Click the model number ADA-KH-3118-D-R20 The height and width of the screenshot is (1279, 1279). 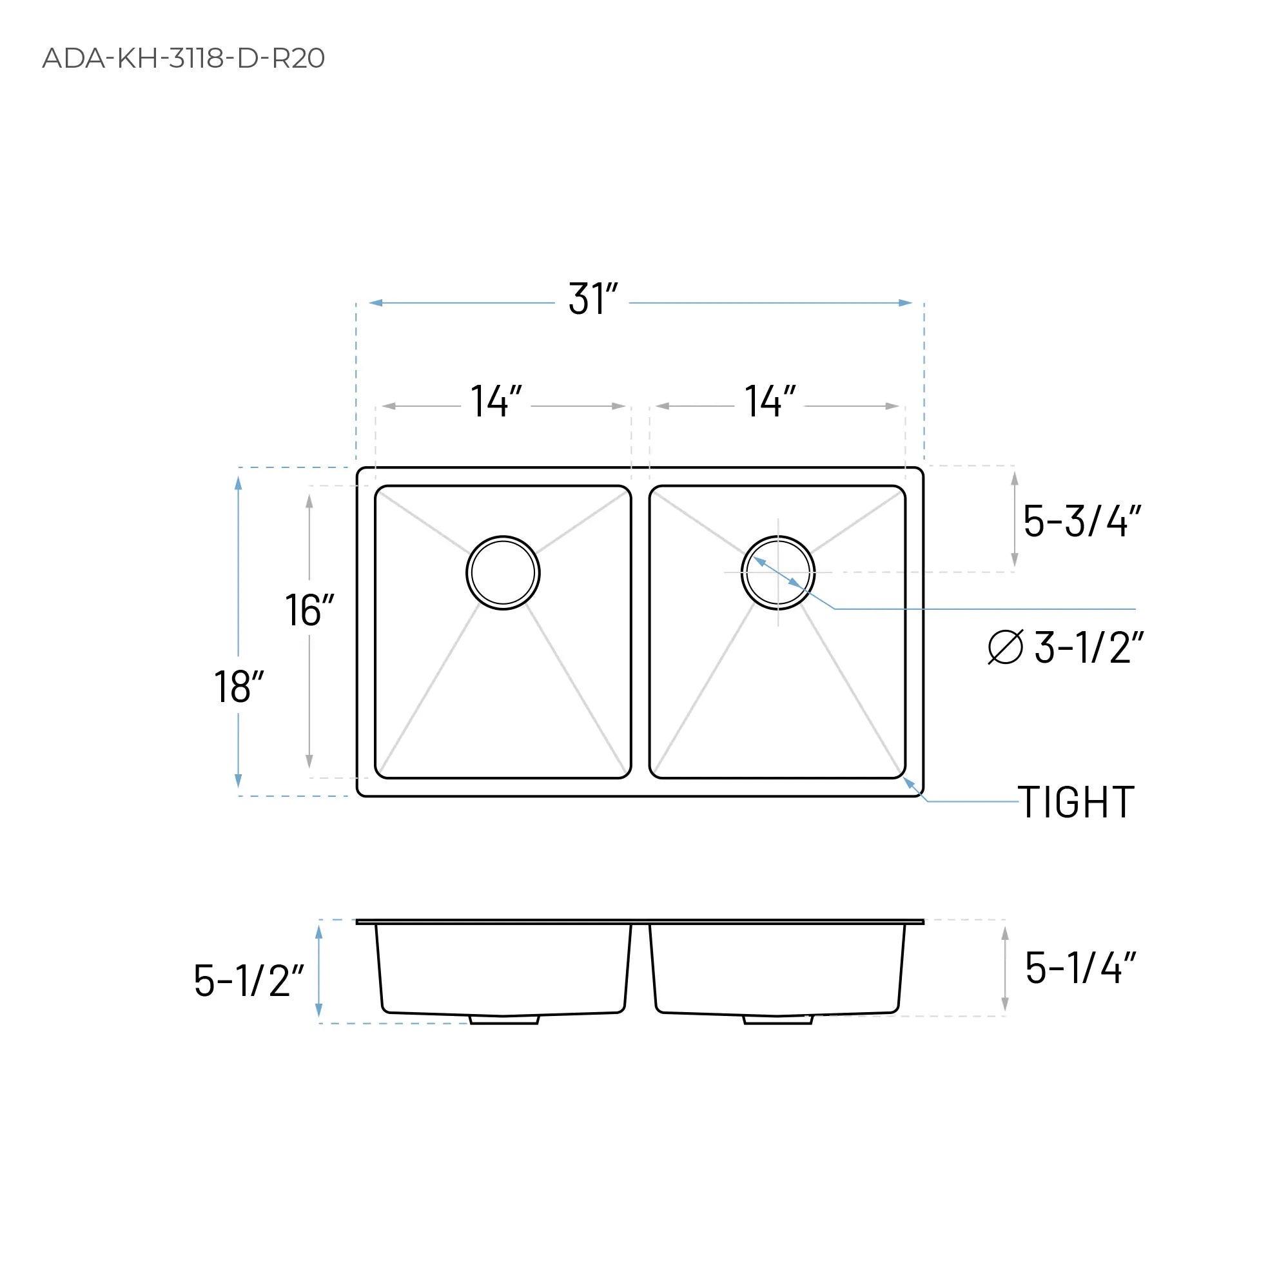pyautogui.click(x=183, y=58)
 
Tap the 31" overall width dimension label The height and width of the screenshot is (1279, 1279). pyautogui.click(x=592, y=299)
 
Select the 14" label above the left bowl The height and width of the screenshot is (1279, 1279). pyautogui.click(x=496, y=401)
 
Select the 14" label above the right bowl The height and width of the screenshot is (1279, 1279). pyautogui.click(x=769, y=401)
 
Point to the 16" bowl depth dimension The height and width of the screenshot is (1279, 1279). pyautogui.click(x=309, y=610)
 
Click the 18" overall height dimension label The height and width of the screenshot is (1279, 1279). pyautogui.click(x=239, y=687)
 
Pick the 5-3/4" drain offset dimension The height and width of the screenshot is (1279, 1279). pyautogui.click(x=1082, y=521)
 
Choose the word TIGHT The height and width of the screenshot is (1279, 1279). pyautogui.click(x=1076, y=803)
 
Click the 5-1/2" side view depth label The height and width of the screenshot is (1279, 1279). pyautogui.click(x=248, y=981)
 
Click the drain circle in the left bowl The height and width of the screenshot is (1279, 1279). pyautogui.click(x=503, y=572)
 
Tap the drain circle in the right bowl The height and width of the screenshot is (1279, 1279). pyautogui.click(x=778, y=572)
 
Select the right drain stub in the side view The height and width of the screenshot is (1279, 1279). pyautogui.click(x=778, y=1020)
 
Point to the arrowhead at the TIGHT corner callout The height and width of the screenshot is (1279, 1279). pyautogui.click(x=909, y=783)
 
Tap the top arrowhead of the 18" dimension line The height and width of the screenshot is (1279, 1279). pyautogui.click(x=239, y=483)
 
